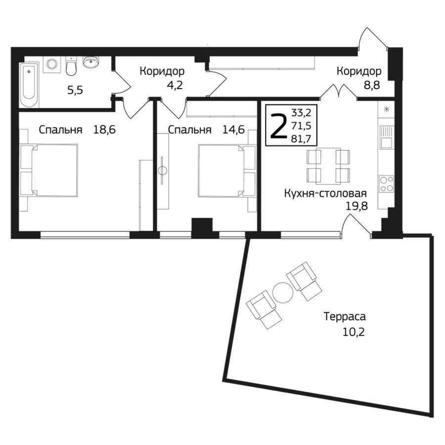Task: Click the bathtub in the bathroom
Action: tap(29, 85)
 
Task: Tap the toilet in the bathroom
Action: tap(71, 66)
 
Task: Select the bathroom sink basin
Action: tap(91, 62)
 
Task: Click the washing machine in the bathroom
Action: tap(51, 64)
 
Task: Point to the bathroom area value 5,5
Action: tap(75, 90)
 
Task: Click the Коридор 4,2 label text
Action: tap(162, 78)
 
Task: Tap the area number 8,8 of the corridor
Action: tap(372, 85)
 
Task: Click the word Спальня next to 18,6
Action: tap(60, 130)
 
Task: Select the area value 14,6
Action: tap(233, 130)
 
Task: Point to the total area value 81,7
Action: tap(302, 138)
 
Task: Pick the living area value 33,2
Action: tap(302, 113)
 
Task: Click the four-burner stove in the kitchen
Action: tap(387, 183)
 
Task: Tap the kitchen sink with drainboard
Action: tap(386, 137)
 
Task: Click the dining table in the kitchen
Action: tap(328, 166)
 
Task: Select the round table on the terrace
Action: tap(282, 293)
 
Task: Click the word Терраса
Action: tap(345, 316)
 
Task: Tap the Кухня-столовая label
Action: tap(325, 193)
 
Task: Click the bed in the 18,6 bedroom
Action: tap(48, 170)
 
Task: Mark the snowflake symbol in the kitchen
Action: tap(386, 109)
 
